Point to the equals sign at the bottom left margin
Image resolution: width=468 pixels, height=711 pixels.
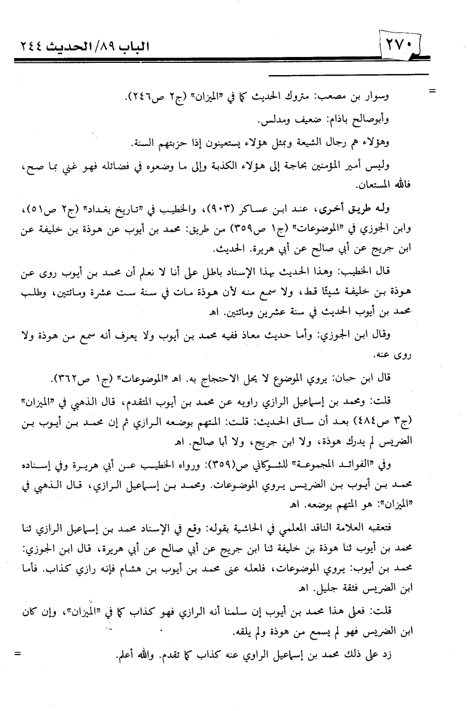pos(20,653)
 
